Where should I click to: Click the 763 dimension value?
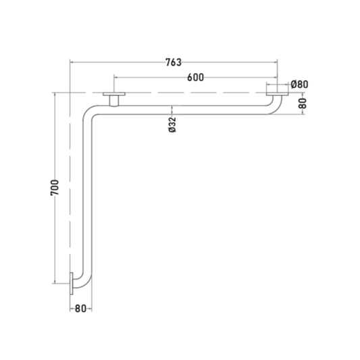[x=174, y=62]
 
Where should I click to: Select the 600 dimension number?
[x=195, y=78]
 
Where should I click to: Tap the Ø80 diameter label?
[x=299, y=84]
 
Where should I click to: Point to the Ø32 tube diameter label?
[x=172, y=125]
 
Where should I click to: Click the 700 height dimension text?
[x=55, y=188]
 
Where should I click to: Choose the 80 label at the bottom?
[x=80, y=309]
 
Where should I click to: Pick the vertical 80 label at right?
[x=303, y=103]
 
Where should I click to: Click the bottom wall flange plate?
[x=72, y=284]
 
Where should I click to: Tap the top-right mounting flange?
[x=277, y=94]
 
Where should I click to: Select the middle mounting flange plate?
[x=114, y=94]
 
